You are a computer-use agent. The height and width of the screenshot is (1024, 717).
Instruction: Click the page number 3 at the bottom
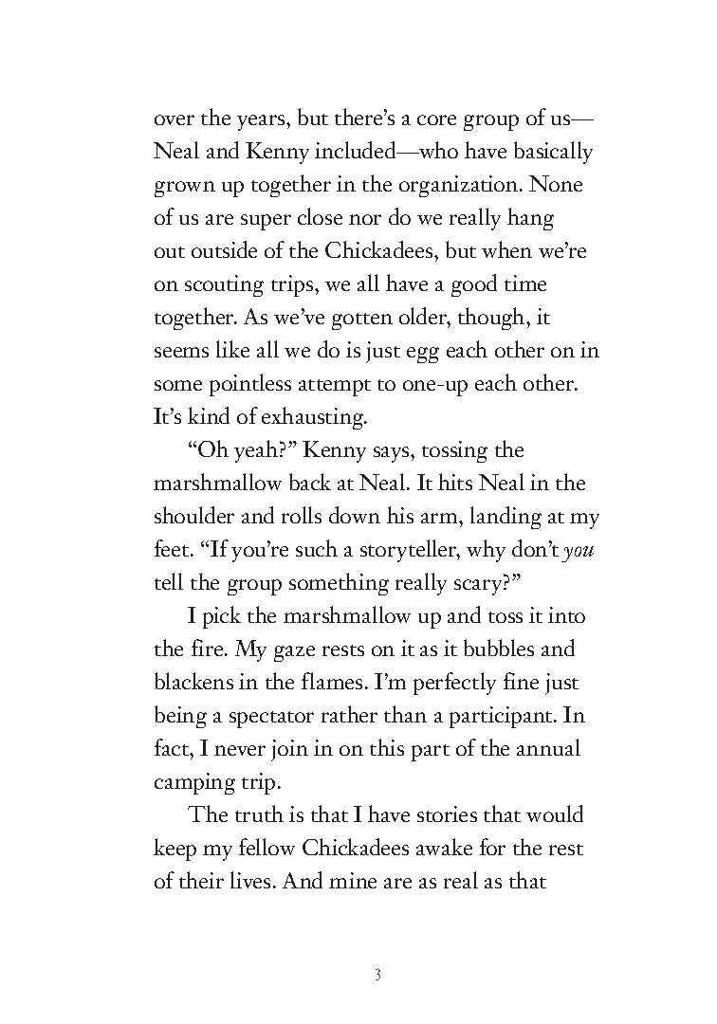(x=377, y=975)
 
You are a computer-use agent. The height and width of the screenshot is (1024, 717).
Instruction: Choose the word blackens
(x=192, y=683)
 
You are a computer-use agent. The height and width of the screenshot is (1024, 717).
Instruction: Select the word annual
(x=548, y=749)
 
